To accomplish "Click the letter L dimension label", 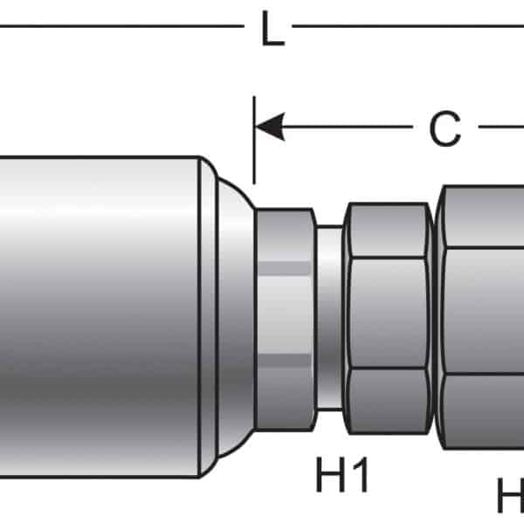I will coord(272,32).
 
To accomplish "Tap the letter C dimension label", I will coord(445,130).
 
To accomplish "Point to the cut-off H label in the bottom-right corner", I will coord(510,498).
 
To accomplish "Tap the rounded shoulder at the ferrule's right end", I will coord(229,314).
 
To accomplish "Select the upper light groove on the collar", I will coord(286,265).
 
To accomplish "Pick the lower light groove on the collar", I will coord(286,360).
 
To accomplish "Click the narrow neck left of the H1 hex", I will coord(329,314).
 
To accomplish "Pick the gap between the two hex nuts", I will coord(435,314).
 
